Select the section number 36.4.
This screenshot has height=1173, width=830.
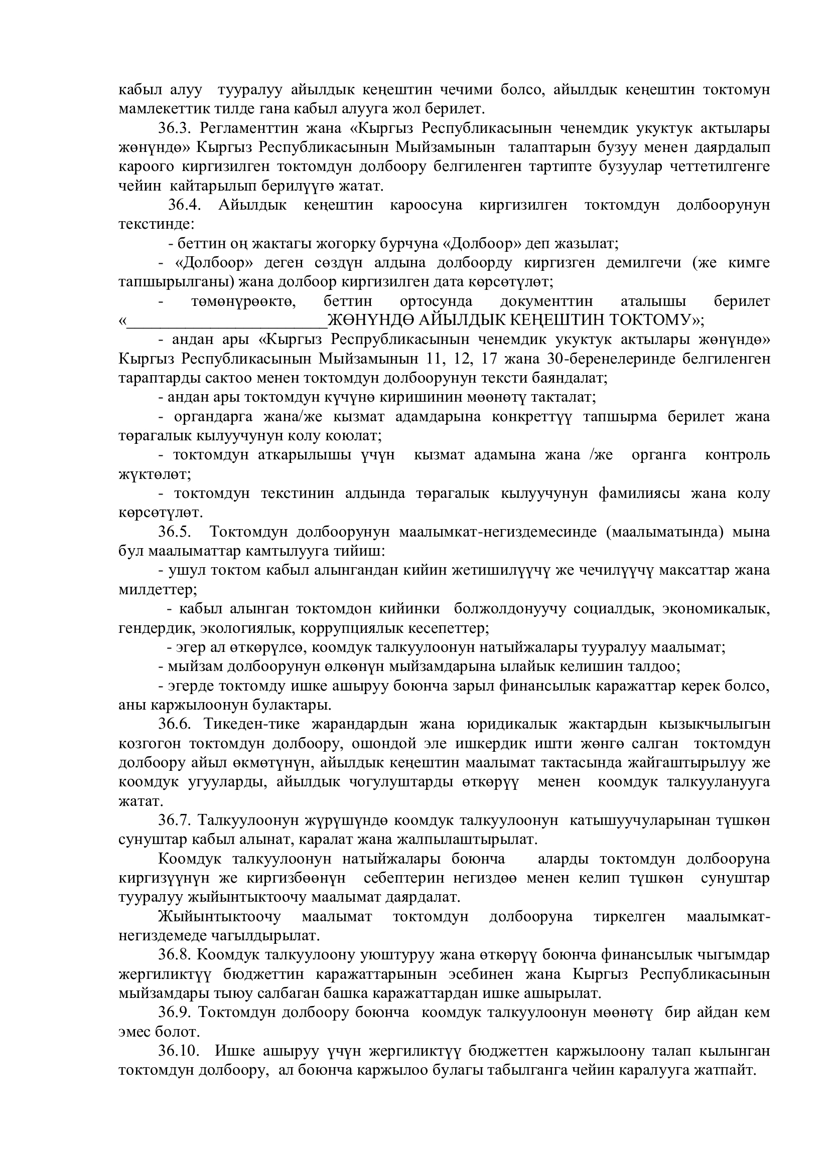[x=184, y=205]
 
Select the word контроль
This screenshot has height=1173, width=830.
[x=737, y=455]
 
